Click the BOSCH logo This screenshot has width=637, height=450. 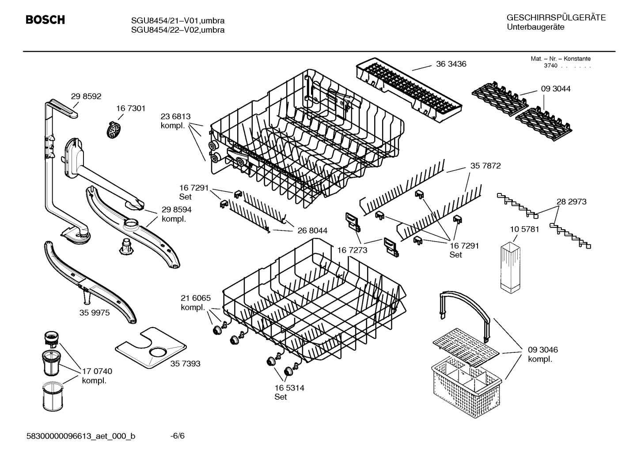[45, 20]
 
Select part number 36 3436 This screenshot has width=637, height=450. [451, 64]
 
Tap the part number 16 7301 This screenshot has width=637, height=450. [131, 108]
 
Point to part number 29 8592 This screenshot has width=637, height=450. [86, 96]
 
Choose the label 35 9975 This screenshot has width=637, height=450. [95, 313]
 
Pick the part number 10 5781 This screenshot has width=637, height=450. [524, 230]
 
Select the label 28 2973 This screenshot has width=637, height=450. [571, 201]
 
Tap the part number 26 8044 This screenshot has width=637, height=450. [312, 231]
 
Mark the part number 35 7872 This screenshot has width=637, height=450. [485, 166]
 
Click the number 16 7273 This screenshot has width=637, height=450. [353, 250]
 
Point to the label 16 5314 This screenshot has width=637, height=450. [289, 388]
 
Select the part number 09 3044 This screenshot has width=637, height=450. [555, 89]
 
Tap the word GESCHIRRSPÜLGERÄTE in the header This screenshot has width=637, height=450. [556, 18]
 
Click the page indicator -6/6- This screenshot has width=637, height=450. [177, 436]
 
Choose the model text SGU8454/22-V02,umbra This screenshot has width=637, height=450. [178, 30]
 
